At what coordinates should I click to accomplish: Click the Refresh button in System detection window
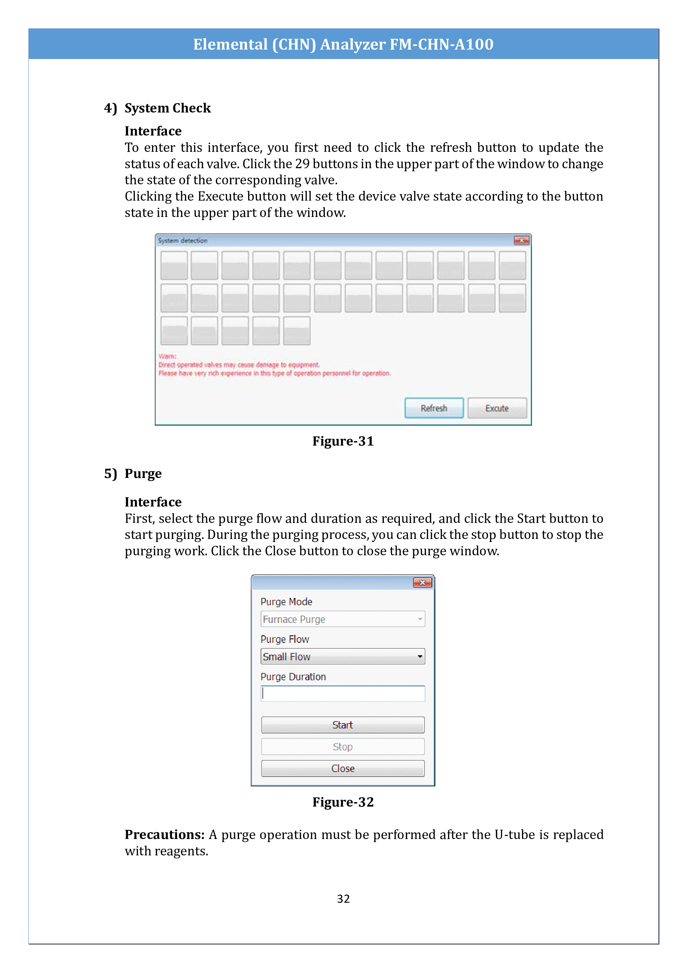coord(434,408)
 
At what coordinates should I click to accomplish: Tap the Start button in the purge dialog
coord(343,725)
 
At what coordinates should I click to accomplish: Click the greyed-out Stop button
coord(343,747)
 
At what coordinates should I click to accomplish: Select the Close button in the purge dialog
coord(343,768)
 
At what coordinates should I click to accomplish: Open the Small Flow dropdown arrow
coord(420,657)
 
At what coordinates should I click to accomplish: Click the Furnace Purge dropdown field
coord(343,619)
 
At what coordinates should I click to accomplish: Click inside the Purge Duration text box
coord(343,694)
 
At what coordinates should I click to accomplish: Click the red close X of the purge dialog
coord(422,583)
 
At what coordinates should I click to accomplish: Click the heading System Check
coord(168,108)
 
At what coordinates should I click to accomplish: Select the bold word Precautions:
coord(164,834)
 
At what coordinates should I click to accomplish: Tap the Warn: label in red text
coord(167,356)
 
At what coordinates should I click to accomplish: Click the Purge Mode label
coord(286,602)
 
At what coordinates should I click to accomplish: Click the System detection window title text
coord(183,241)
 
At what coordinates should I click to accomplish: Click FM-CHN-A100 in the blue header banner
coord(441,44)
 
